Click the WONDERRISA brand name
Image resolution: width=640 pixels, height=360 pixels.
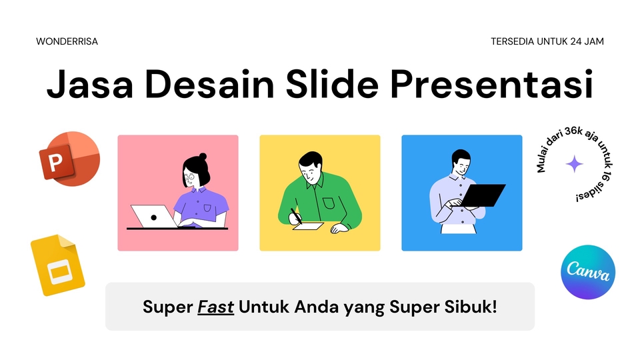[67, 41]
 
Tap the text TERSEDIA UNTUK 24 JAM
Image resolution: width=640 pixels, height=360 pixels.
[547, 41]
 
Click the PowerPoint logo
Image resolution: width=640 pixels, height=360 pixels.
[69, 159]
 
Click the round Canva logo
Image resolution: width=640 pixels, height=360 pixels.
[587, 271]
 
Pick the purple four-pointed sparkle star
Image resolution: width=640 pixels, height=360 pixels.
[574, 164]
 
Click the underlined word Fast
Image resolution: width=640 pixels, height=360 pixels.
[215, 307]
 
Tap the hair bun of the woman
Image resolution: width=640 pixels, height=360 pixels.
[203, 157]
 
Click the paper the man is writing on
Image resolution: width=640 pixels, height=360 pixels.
[309, 225]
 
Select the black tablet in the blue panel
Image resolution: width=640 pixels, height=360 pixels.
[483, 195]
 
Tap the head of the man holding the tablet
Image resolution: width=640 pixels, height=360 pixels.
[461, 162]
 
